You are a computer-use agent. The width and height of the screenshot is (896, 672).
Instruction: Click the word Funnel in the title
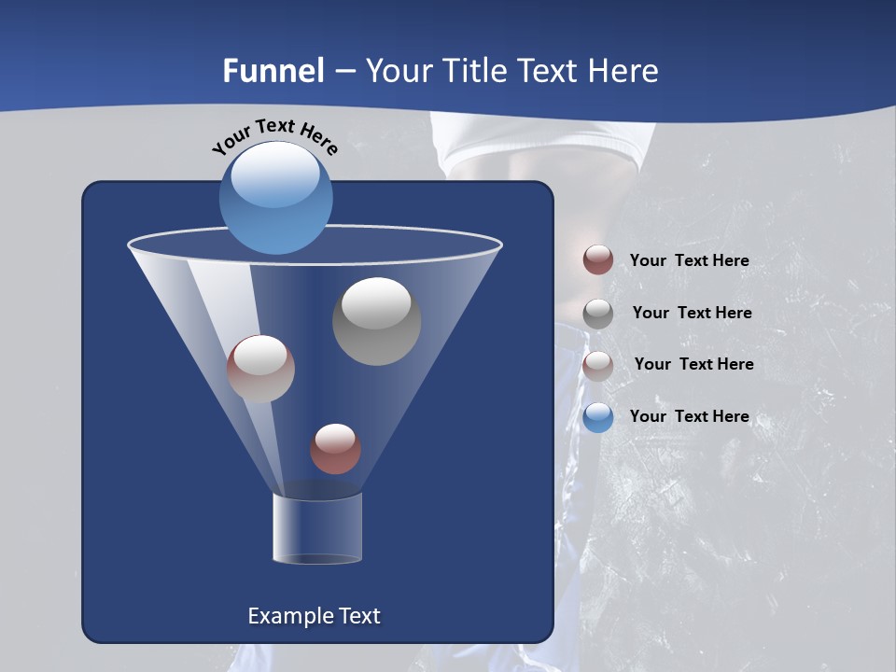(273, 71)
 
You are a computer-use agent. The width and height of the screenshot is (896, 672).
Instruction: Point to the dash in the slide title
(344, 72)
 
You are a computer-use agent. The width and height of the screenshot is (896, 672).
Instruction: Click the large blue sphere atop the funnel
(275, 197)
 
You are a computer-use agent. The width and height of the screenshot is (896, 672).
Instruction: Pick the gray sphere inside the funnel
(376, 321)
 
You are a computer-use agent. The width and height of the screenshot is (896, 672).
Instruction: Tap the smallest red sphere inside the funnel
(335, 449)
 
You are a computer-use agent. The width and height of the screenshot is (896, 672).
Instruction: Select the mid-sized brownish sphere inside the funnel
(260, 369)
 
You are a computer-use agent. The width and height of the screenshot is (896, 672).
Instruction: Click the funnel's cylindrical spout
(316, 528)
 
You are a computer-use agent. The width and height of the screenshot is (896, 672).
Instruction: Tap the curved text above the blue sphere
(274, 136)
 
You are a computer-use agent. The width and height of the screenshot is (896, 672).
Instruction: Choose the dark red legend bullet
(598, 259)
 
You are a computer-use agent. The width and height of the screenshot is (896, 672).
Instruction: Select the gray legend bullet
(598, 313)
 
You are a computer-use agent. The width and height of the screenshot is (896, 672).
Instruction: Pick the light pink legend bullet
(598, 365)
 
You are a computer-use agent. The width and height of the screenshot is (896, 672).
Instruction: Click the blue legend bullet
(598, 417)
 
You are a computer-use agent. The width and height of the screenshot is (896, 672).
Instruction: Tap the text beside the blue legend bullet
(689, 416)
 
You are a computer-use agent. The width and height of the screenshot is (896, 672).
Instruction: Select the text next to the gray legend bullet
(692, 313)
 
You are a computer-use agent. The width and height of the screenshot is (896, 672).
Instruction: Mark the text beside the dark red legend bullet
(689, 260)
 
